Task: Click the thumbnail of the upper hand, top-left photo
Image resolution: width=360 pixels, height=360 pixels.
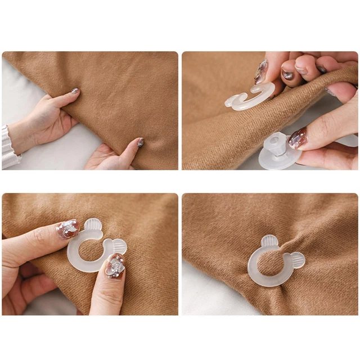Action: click(75, 91)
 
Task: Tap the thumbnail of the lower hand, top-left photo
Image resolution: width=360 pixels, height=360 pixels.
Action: click(140, 142)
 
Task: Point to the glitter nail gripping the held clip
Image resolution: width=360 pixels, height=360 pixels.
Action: click(261, 72)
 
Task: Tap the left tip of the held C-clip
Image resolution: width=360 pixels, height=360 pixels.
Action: click(230, 102)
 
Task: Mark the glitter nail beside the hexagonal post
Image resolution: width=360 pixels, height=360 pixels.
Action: click(298, 138)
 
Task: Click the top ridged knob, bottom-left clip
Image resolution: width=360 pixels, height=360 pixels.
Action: click(93, 226)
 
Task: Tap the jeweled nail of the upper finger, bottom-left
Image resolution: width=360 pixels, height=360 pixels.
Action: click(67, 228)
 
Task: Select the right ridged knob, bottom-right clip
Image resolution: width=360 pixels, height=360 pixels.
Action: click(296, 259)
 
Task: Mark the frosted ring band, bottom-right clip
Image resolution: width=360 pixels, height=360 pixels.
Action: click(254, 270)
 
